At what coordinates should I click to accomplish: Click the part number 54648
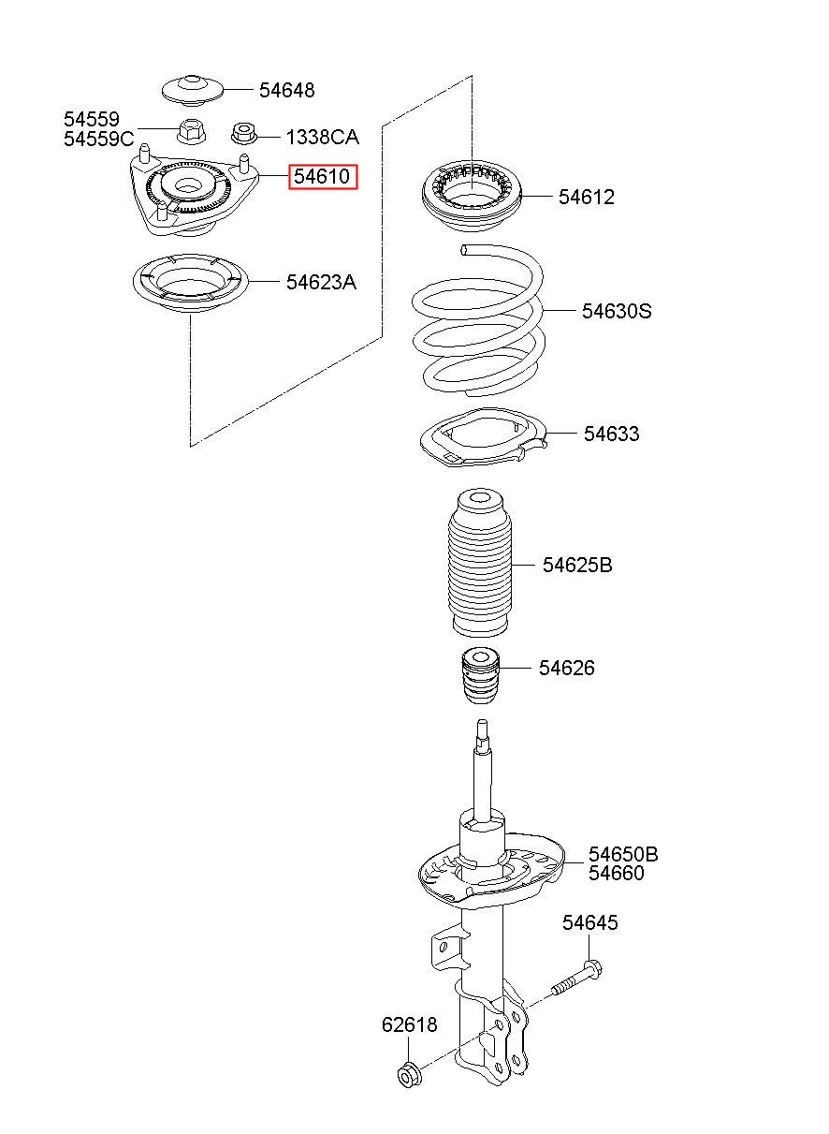click(x=287, y=90)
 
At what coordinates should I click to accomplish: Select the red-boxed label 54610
click(x=323, y=177)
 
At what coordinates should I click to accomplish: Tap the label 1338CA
click(x=323, y=138)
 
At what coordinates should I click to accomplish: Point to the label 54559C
click(x=99, y=139)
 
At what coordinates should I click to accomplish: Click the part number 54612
click(x=587, y=197)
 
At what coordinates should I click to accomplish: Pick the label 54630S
click(x=617, y=311)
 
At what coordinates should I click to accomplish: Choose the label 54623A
click(x=321, y=282)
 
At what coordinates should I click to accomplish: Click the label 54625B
click(x=577, y=565)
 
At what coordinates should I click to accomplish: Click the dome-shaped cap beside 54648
click(x=192, y=91)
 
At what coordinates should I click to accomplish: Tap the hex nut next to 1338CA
click(x=243, y=134)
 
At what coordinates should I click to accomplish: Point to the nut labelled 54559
click(x=191, y=130)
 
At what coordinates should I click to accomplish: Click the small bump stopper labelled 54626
click(x=480, y=676)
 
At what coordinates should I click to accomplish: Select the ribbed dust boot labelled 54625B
click(x=480, y=563)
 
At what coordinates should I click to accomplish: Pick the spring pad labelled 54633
click(x=484, y=436)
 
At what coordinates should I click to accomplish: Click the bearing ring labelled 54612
click(x=472, y=195)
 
